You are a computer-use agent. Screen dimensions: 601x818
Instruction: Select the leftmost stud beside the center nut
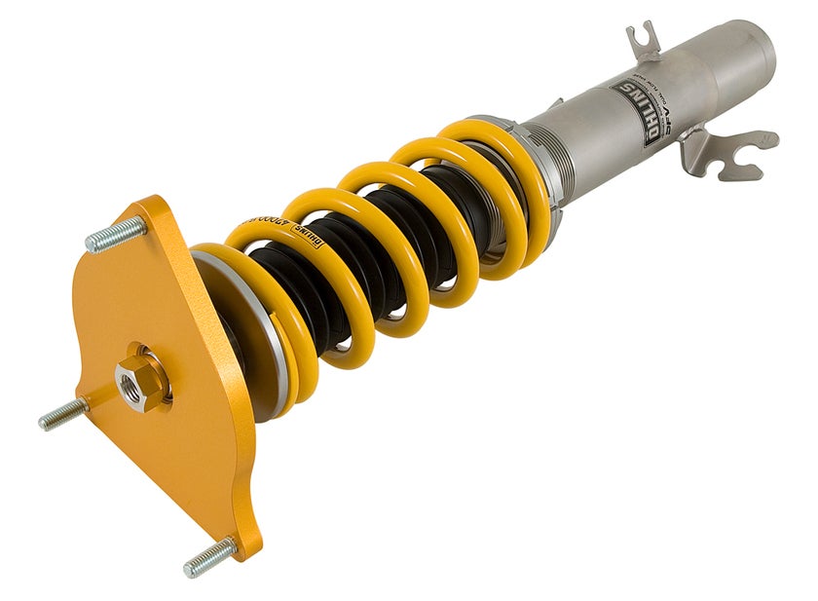point(60,415)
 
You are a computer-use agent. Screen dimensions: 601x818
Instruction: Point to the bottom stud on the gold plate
point(208,557)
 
